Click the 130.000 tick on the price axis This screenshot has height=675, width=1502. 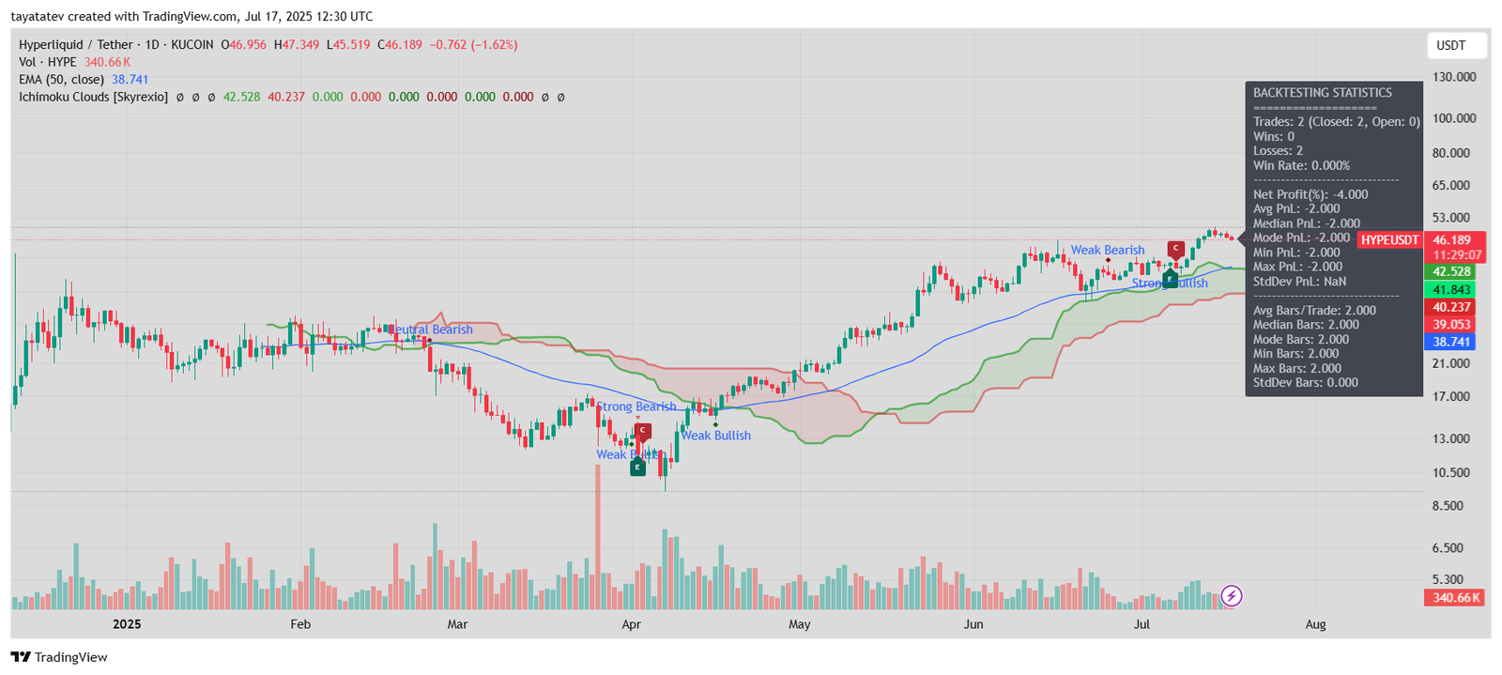point(1453,77)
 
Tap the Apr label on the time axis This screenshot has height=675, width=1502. point(631,624)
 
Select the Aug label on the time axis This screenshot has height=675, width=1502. point(1315,624)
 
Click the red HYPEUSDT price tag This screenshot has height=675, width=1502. point(1389,240)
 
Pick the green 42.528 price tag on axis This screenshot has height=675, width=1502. point(1451,272)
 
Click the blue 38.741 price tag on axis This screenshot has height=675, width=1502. point(1451,343)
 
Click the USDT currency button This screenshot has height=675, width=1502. point(1450,45)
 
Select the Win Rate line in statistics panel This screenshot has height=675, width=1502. point(1301,166)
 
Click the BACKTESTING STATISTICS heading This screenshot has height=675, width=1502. point(1322,93)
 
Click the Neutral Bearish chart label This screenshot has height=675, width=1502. point(431,330)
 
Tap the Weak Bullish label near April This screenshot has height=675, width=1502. point(715,436)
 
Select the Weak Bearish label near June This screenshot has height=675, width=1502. point(1108,251)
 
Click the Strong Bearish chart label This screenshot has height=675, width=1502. point(636,407)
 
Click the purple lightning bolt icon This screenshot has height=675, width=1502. point(1231,595)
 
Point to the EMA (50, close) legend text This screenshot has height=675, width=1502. point(61,80)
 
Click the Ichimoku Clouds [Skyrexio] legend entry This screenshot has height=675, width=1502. point(93,97)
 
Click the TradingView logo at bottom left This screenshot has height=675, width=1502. point(59,657)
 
